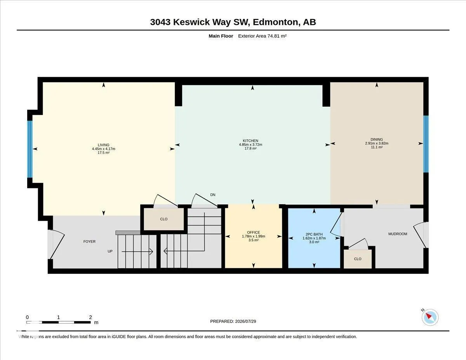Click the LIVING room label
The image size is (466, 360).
pos(104,145)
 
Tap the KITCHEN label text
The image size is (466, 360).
pos(250,141)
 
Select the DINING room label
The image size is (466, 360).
pos(377,139)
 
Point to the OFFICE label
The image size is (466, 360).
pos(254,232)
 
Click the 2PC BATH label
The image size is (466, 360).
pos(314,234)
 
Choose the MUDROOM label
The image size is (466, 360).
pos(398,234)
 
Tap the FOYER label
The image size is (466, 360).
pos(89,242)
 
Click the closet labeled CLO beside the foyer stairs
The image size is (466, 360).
pos(163,219)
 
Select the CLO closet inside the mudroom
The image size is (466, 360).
pos(358,259)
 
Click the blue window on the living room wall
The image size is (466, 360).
pos(30,149)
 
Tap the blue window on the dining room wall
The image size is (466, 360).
pos(426,144)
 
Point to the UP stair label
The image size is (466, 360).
pos(110,251)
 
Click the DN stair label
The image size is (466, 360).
pos(213,195)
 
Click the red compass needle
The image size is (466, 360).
pos(429,316)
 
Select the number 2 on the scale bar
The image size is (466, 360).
pos(90,317)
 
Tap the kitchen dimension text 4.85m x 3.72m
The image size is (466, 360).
pos(250,144)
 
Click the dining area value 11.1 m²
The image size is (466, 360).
pos(377,147)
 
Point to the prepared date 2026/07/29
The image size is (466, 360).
pos(245,321)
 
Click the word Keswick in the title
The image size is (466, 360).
pos(191,22)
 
